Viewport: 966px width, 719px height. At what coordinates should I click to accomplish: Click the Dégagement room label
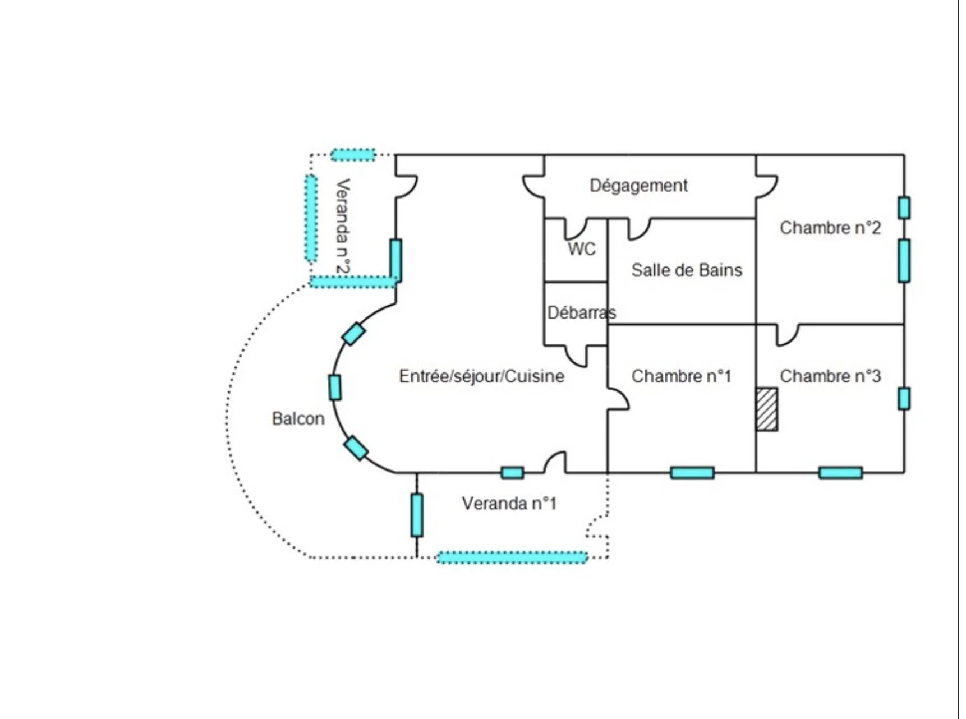[638, 185]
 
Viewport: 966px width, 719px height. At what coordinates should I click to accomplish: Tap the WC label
[582, 248]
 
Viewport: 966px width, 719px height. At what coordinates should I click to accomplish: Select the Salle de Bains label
[687, 270]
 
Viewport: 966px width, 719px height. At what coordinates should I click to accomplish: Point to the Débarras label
[581, 312]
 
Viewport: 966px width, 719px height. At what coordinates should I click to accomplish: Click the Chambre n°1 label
[682, 376]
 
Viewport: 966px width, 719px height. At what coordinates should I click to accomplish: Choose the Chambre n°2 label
[830, 228]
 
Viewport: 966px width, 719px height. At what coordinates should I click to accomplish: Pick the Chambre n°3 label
[830, 376]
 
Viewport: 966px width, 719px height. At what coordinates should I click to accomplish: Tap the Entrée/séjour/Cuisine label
[481, 376]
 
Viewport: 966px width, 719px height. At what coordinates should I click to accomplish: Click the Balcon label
[298, 418]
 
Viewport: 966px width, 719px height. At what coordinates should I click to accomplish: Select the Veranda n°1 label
[509, 503]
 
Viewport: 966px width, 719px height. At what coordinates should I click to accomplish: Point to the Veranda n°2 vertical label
[343, 226]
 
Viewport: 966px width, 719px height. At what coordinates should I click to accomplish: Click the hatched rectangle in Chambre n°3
[766, 409]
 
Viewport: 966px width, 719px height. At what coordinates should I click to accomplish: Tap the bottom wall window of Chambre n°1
[692, 473]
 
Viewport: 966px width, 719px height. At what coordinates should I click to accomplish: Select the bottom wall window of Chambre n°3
[840, 473]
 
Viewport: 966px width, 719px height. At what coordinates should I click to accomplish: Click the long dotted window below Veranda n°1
[512, 557]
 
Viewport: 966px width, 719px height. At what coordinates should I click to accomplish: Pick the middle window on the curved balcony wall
[335, 387]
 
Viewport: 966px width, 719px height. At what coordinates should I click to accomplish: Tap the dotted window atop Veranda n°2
[353, 154]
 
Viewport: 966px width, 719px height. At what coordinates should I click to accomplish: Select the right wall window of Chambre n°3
[904, 398]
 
